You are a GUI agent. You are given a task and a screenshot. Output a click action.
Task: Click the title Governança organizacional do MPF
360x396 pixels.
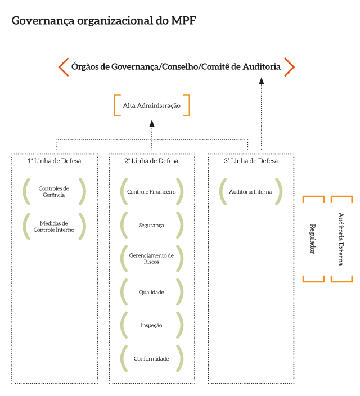click(104, 21)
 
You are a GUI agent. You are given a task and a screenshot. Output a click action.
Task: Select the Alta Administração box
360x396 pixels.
click(152, 105)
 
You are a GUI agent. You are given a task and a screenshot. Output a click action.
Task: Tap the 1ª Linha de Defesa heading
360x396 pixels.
click(54, 161)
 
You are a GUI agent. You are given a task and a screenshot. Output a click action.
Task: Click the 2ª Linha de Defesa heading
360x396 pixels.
click(151, 161)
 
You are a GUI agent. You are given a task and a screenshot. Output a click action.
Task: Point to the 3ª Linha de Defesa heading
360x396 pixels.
click(250, 161)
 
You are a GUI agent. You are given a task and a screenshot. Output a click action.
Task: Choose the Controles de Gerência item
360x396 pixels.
click(54, 192)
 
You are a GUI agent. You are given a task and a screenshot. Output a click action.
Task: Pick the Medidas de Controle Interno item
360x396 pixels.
click(54, 226)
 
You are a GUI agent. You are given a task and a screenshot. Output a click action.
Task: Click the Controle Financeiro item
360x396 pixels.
click(151, 192)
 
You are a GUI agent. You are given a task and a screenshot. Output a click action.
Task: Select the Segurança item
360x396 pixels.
click(151, 225)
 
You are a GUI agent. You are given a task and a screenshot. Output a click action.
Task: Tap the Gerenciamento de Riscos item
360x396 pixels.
click(151, 259)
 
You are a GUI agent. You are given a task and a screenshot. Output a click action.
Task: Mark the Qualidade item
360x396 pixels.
click(151, 292)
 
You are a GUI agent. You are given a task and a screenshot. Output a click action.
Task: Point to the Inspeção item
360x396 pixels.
click(151, 325)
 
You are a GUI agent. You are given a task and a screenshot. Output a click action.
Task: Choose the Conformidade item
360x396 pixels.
click(151, 358)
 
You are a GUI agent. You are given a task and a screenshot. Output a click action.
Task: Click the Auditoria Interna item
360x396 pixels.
click(250, 192)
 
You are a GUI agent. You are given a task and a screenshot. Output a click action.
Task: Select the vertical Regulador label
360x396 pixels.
click(313, 239)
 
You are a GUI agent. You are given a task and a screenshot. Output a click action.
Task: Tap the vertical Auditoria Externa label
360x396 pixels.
click(341, 238)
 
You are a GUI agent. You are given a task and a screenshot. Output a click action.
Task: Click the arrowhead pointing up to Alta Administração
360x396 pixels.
click(152, 123)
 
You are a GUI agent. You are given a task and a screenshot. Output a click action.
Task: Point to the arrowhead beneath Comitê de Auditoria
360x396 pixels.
click(261, 80)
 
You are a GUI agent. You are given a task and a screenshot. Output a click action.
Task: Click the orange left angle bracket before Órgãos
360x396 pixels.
click(64, 66)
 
